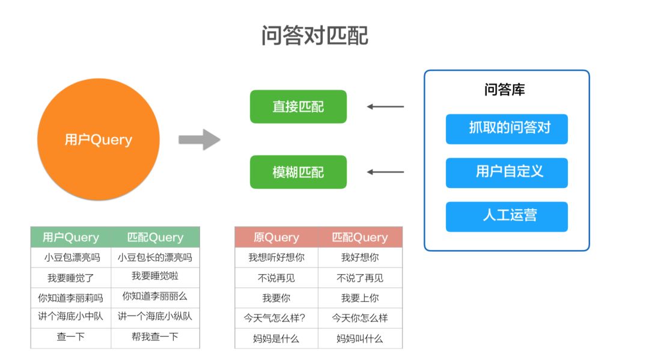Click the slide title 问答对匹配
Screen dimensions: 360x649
click(x=314, y=36)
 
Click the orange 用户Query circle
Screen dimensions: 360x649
click(x=99, y=140)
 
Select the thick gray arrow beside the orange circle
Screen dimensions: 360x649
click(x=199, y=139)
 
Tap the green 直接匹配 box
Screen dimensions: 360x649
click(x=298, y=107)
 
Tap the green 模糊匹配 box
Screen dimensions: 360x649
click(x=298, y=172)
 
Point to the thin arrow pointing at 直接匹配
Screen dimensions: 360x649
click(x=385, y=107)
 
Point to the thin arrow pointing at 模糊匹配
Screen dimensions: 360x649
click(x=385, y=172)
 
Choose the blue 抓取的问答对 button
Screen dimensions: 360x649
click(x=507, y=129)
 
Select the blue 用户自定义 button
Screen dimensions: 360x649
click(x=507, y=172)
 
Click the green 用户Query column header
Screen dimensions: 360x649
click(x=71, y=237)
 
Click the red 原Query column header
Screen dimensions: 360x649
click(x=276, y=237)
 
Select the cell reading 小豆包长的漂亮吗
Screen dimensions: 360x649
click(x=155, y=258)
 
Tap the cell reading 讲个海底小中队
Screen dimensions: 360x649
click(x=71, y=316)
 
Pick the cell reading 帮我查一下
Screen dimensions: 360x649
click(x=155, y=337)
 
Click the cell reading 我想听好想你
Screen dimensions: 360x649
click(x=276, y=257)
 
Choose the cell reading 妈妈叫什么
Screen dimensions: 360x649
click(x=359, y=338)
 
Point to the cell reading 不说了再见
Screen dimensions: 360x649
click(x=359, y=278)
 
